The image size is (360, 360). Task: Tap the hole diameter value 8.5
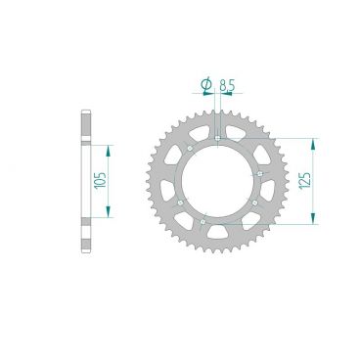pos(227,88)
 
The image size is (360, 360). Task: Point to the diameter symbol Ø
pos(206,88)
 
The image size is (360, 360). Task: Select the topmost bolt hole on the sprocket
pos(215,137)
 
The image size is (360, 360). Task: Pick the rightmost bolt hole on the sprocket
pos(260,173)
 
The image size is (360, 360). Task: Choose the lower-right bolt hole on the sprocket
pos(253,202)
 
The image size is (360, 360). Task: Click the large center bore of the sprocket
pos(218,181)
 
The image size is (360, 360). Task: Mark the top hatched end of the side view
pos(85,128)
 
